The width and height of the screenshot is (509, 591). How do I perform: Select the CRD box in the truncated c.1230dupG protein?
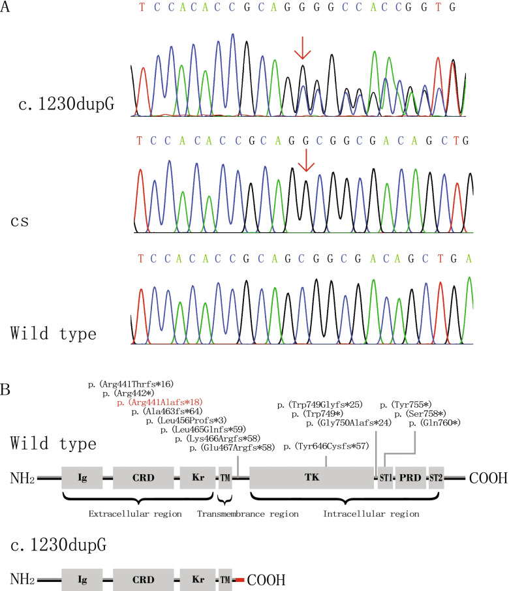143,579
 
